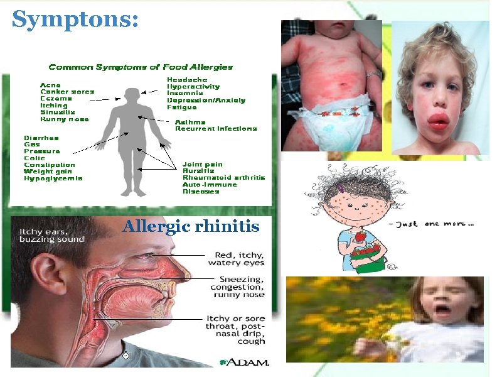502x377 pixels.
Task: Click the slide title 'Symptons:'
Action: (x=75, y=19)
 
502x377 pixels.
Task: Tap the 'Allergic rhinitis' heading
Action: (x=191, y=226)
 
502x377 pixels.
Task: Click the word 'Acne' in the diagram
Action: (x=50, y=85)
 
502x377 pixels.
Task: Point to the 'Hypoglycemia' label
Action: (x=53, y=178)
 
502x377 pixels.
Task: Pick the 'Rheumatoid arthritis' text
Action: (x=223, y=178)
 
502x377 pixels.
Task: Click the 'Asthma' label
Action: (x=188, y=122)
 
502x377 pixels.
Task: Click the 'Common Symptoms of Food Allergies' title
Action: (x=141, y=67)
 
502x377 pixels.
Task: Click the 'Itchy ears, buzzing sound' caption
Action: (x=51, y=236)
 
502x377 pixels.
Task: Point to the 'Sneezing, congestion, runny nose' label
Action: (x=239, y=287)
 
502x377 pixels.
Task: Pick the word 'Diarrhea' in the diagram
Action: (x=41, y=138)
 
